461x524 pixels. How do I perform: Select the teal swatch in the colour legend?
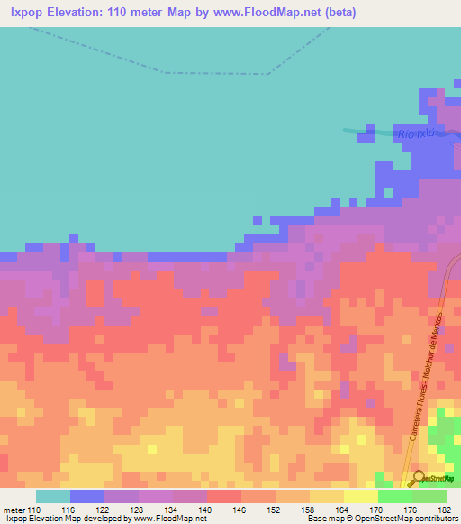(x=53, y=496)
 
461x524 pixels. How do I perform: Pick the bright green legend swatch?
(x=395, y=496)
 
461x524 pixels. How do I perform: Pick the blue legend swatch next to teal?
(x=87, y=496)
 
